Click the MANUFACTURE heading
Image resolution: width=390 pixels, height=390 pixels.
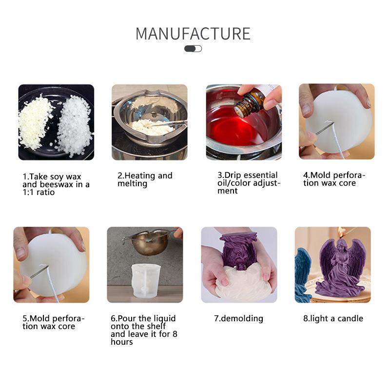pyautogui.click(x=193, y=34)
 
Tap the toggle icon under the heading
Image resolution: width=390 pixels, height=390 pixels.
pyautogui.click(x=193, y=49)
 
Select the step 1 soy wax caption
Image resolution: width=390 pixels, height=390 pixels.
pyautogui.click(x=56, y=184)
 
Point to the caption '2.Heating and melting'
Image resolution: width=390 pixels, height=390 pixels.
pyautogui.click(x=145, y=179)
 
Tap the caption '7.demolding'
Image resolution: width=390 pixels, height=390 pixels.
pyautogui.click(x=238, y=318)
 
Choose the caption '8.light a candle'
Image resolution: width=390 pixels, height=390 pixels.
pyautogui.click(x=333, y=318)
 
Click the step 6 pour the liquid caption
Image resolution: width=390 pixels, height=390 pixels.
pyautogui.click(x=143, y=330)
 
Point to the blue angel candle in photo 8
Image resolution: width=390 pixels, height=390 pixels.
pyautogui.click(x=303, y=273)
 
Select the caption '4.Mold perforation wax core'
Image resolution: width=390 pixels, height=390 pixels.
pyautogui.click(x=334, y=179)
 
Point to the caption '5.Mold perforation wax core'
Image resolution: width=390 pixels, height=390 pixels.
pyautogui.click(x=53, y=322)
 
